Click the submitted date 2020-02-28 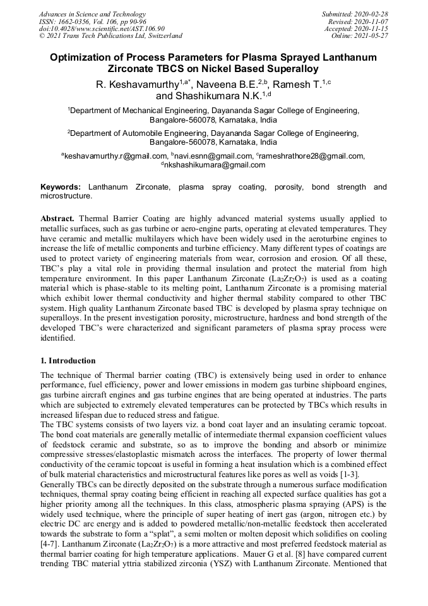pos(374,14)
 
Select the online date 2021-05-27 pos(374,35)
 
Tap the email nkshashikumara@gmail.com pos(215,165)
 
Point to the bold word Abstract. pos(58,218)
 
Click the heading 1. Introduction pos(68,361)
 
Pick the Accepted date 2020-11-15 pos(374,28)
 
